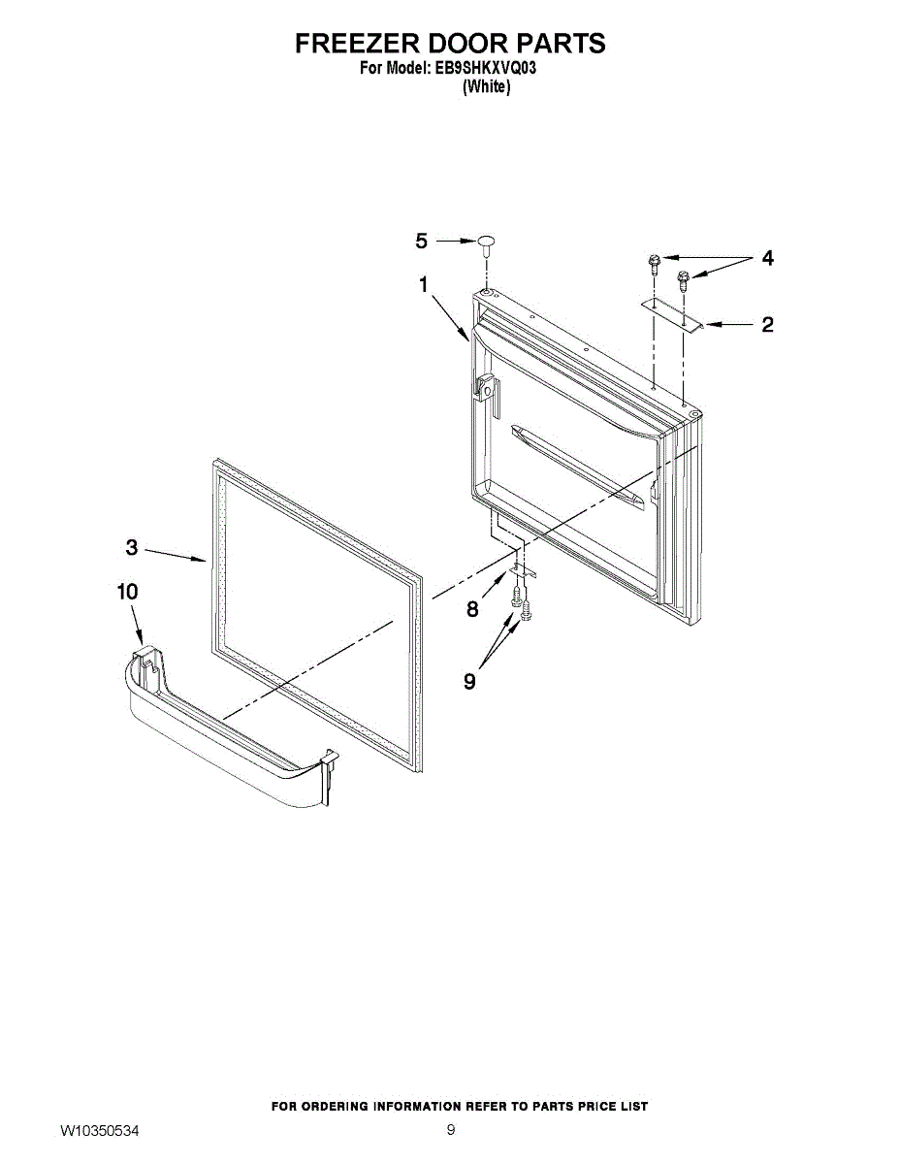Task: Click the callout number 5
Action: tap(421, 241)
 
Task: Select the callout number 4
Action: tap(767, 258)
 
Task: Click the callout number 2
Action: tap(767, 325)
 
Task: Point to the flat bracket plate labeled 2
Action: tap(670, 316)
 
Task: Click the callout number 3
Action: tap(132, 548)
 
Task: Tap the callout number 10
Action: tap(128, 592)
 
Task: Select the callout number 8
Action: tap(472, 609)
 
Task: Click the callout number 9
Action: tap(469, 682)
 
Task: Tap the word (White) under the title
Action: tap(486, 86)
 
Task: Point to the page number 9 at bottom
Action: tap(451, 1130)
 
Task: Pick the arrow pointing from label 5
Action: tap(453, 241)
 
